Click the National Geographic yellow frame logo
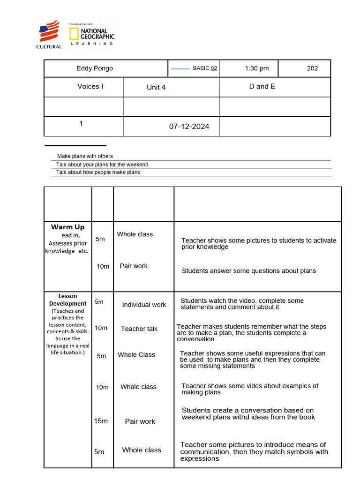click(x=74, y=33)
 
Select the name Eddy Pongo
click(x=95, y=68)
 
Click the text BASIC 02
click(x=205, y=68)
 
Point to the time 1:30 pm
click(x=257, y=68)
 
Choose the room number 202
click(x=312, y=68)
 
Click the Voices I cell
click(x=90, y=86)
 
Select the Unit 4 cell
click(x=156, y=87)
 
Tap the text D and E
click(x=262, y=86)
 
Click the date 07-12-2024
click(x=189, y=127)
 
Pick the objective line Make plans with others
click(x=85, y=156)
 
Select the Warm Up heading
click(x=68, y=227)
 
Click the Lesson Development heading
click(x=68, y=300)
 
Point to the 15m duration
click(x=101, y=421)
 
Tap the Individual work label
click(x=144, y=305)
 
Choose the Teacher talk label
click(x=139, y=329)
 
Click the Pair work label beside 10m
click(x=134, y=266)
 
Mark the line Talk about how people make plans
click(x=98, y=172)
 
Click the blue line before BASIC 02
click(x=180, y=69)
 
